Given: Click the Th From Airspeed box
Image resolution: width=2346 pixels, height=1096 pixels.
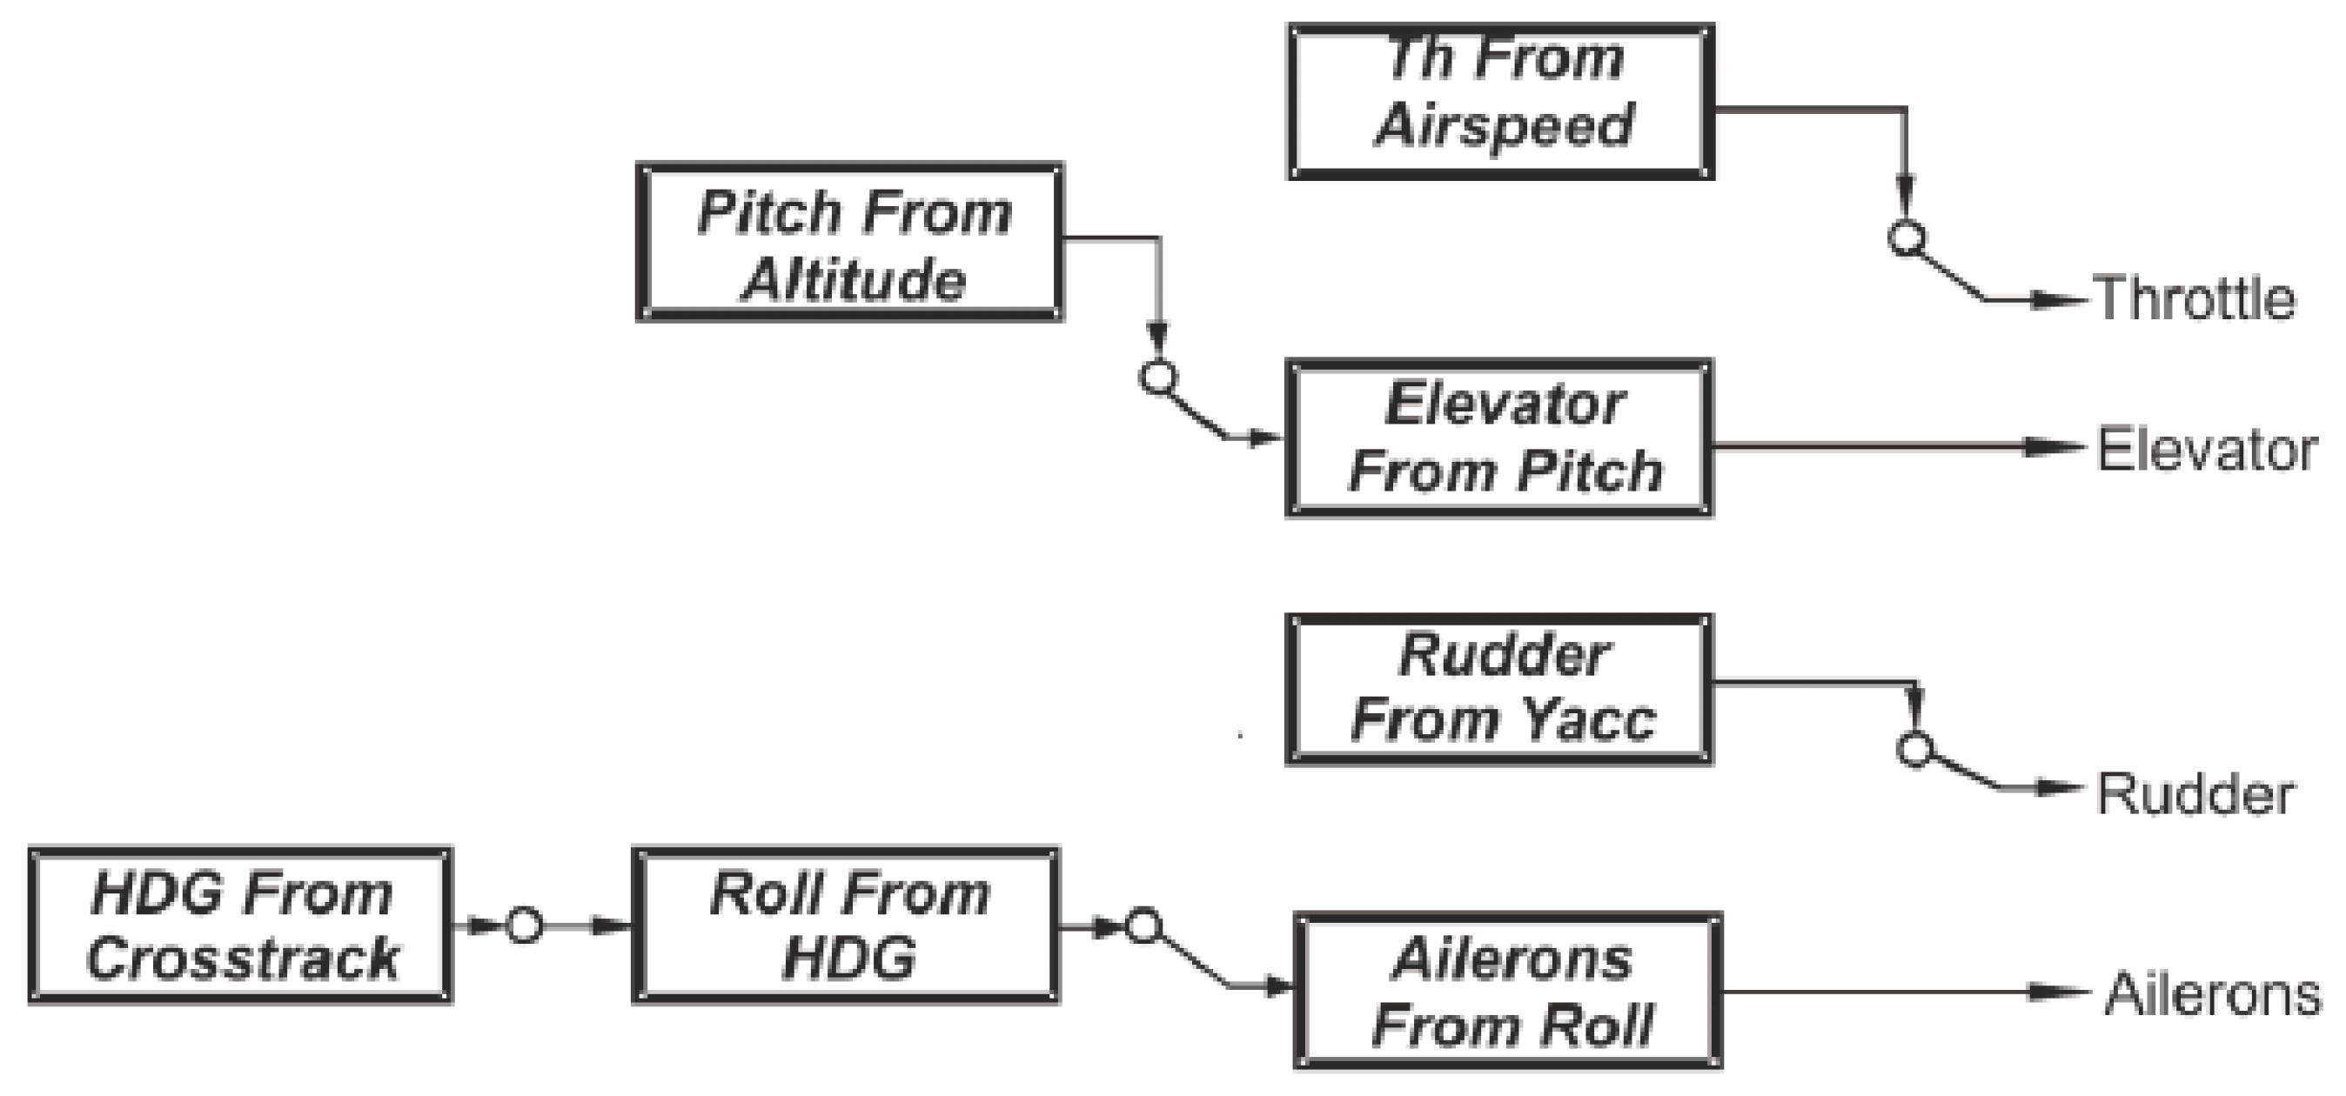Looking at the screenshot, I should pyautogui.click(x=1500, y=101).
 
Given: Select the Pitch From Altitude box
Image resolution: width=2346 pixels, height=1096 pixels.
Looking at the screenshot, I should pyautogui.click(x=849, y=242).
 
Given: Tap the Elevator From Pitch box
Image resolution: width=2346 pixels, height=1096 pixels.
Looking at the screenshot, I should pyautogui.click(x=1499, y=438).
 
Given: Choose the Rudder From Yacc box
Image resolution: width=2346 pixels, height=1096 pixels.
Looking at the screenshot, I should pyautogui.click(x=1499, y=689).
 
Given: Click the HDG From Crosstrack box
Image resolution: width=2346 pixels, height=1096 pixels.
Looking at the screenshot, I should pyautogui.click(x=240, y=926).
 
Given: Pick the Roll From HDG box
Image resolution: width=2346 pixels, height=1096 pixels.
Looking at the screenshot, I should pyautogui.click(x=846, y=926).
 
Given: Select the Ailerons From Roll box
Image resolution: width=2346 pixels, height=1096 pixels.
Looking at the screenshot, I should pyautogui.click(x=1508, y=991).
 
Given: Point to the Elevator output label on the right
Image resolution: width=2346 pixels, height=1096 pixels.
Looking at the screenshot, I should pyautogui.click(x=2206, y=450).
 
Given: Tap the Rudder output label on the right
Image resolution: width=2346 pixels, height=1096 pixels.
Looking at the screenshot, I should pyautogui.click(x=2195, y=794).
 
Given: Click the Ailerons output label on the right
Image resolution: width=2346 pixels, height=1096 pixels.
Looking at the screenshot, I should pyautogui.click(x=2211, y=994).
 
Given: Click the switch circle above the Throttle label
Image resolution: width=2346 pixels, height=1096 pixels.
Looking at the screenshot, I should pyautogui.click(x=1906, y=238).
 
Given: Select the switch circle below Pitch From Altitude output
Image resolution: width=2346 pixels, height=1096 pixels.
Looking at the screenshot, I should pyautogui.click(x=1158, y=377).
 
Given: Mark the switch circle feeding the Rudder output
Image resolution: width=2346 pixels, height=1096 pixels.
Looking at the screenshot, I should pyautogui.click(x=1914, y=749).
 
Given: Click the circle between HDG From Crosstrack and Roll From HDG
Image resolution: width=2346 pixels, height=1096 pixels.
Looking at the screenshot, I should pyautogui.click(x=524, y=926).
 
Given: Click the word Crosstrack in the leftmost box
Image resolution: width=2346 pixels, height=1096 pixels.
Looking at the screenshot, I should pyautogui.click(x=242, y=959).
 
